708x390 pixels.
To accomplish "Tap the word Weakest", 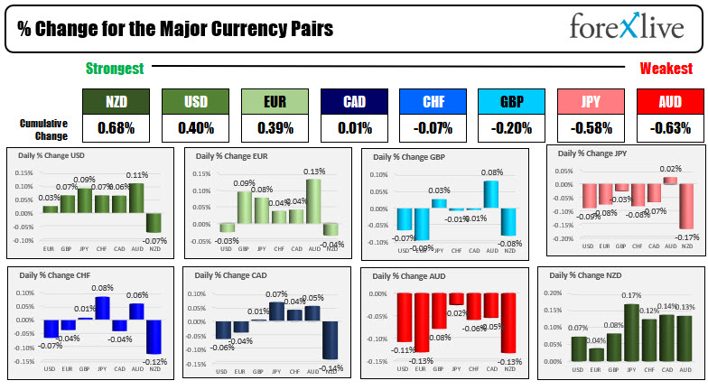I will pos(666,69).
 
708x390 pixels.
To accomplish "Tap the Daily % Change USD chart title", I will pos(53,155).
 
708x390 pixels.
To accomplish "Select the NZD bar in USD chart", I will pos(154,222).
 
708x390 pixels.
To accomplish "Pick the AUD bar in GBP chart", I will pos(490,194).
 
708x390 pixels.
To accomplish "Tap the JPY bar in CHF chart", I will pos(102,308).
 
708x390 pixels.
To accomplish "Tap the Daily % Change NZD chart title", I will pos(587,275).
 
